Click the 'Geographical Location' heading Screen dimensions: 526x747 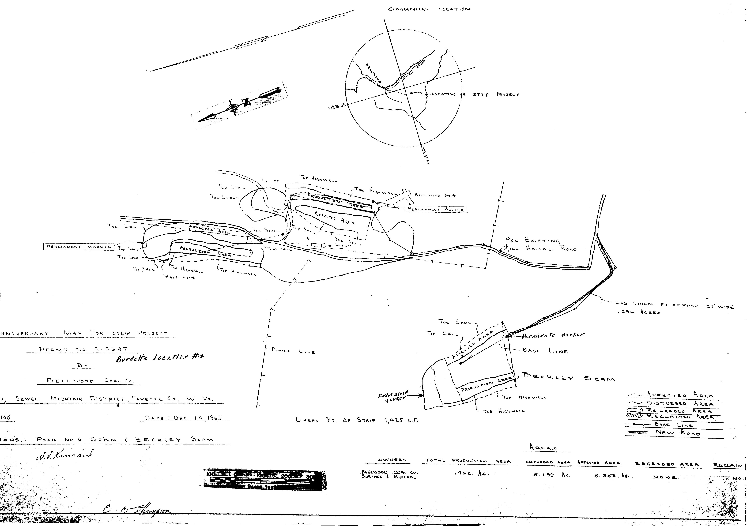point(429,9)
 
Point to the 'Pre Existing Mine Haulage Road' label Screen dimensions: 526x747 point(539,245)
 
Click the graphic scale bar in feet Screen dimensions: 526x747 point(264,479)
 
